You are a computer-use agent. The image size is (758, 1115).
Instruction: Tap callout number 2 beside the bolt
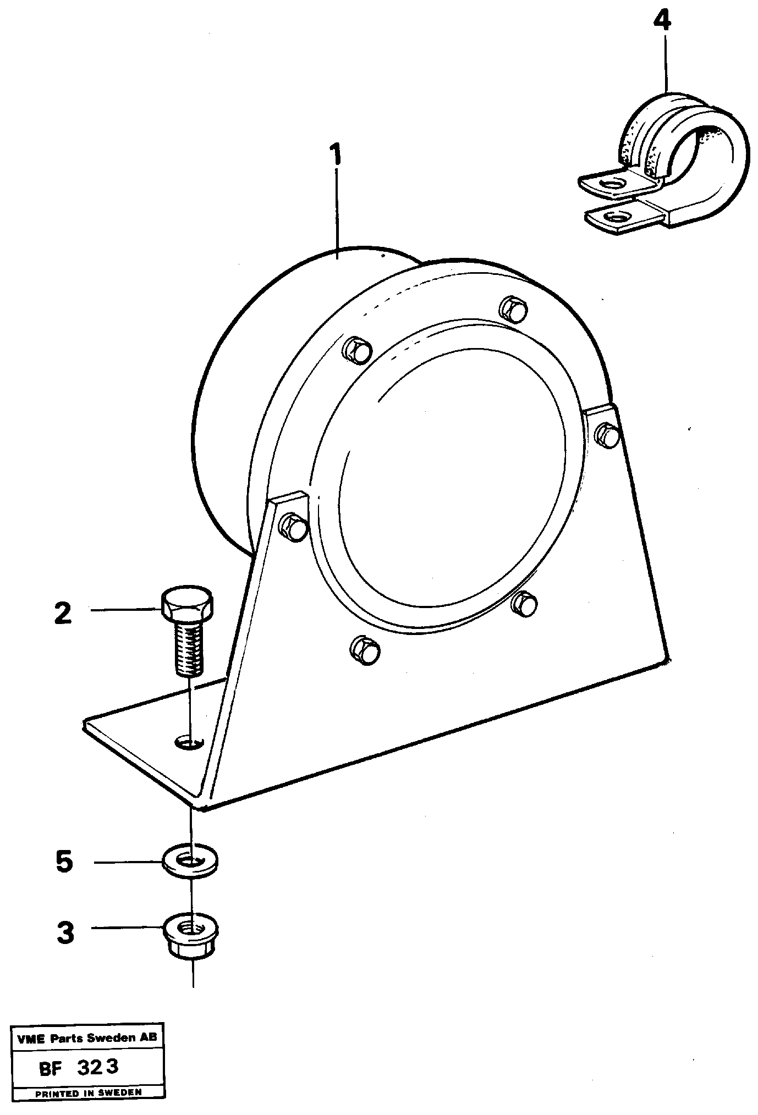pyautogui.click(x=63, y=613)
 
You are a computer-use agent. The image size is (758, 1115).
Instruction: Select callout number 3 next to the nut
pyautogui.click(x=65, y=933)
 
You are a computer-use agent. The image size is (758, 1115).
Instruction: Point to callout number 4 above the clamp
pyautogui.click(x=662, y=21)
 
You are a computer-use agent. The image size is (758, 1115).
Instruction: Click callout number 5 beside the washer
pyautogui.click(x=64, y=862)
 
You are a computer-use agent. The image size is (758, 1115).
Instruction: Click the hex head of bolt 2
pyautogui.click(x=187, y=602)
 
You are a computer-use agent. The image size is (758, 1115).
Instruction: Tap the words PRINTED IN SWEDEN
pyautogui.click(x=88, y=1092)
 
